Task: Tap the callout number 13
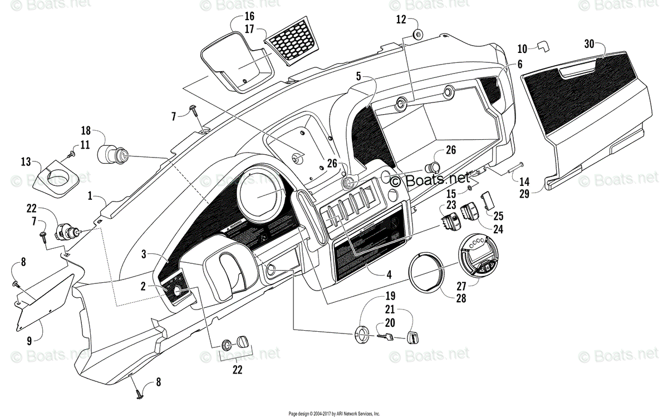pos(26,162)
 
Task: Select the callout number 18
pos(85,131)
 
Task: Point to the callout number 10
pos(522,48)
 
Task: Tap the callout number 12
pos(401,19)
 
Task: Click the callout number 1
pos(90,197)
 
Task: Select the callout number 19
pos(390,296)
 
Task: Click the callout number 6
pos(519,65)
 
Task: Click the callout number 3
pos(144,254)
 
